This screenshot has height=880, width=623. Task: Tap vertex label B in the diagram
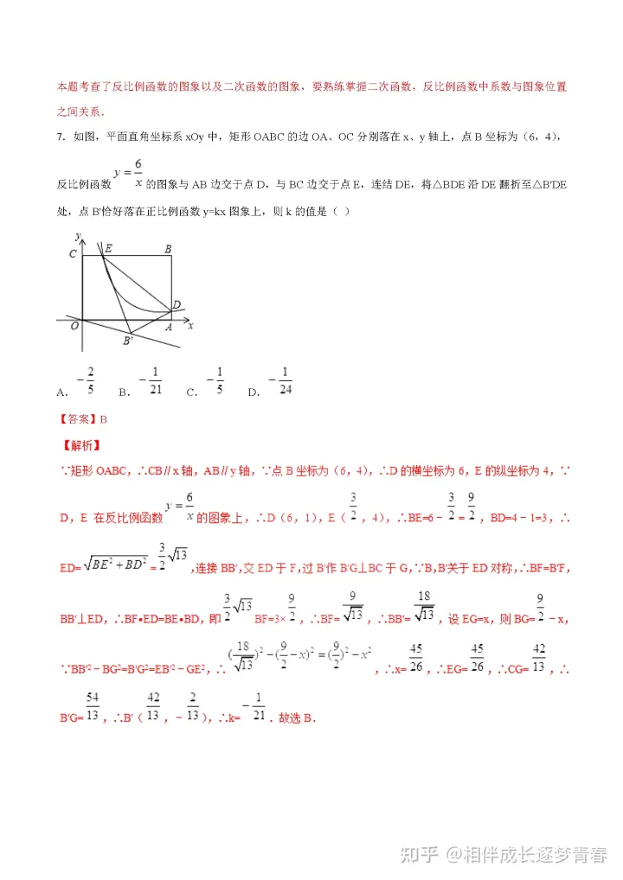(x=168, y=249)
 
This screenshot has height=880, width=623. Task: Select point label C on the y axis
(x=74, y=252)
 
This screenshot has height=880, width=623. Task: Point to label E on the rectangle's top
(x=107, y=249)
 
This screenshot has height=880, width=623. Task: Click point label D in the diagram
(x=177, y=304)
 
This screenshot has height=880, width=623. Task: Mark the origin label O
(x=75, y=325)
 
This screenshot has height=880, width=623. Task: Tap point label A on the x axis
(x=169, y=327)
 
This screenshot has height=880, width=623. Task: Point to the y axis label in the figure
(x=78, y=235)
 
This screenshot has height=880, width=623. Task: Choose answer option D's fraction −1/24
(x=283, y=381)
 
